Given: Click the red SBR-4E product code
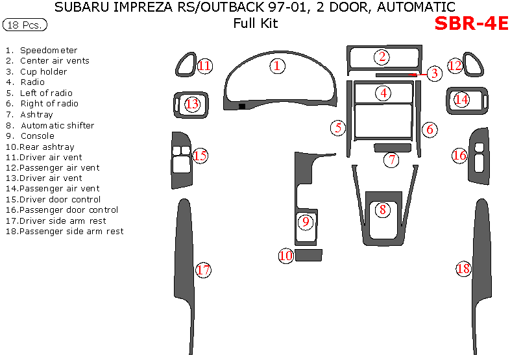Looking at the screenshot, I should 470,23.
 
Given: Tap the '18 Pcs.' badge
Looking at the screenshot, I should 25,25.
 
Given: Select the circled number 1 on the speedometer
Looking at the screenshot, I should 277,66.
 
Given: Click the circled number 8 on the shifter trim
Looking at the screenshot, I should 383,209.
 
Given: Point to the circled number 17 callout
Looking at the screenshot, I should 203,270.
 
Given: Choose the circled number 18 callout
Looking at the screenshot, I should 463,269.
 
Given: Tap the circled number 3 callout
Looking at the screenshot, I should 434,73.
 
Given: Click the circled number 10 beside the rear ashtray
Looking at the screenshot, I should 286,256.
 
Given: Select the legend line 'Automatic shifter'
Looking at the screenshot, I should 57,125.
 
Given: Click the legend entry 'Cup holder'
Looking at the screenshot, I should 43,71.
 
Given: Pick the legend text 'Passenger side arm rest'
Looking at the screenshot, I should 71,231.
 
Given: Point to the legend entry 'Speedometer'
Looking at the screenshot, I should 49,50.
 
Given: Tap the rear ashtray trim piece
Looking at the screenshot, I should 309,255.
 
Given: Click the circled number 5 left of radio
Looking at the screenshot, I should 338,128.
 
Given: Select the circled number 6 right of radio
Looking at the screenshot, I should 430,129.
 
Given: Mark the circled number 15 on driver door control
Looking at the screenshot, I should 200,155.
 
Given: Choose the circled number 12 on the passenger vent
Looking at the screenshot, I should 455,66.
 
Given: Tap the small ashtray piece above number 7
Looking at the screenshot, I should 391,147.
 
